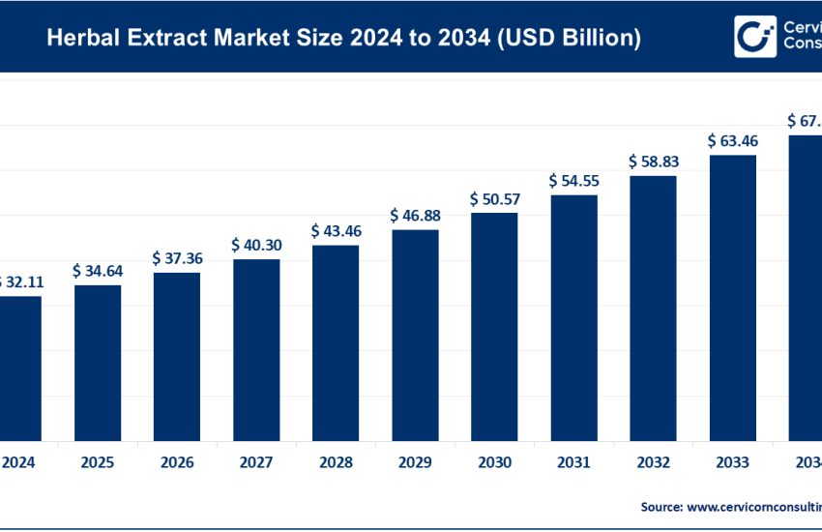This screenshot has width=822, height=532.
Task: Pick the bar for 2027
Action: (x=256, y=348)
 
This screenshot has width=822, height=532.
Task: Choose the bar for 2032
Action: (x=653, y=307)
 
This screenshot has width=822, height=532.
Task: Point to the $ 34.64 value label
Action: (x=98, y=271)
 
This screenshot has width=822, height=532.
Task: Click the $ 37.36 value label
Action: (x=177, y=258)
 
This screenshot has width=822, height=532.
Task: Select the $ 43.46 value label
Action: (x=336, y=231)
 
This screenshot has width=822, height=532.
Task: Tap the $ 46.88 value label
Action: (x=415, y=216)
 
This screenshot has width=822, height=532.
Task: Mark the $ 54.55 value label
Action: (x=573, y=181)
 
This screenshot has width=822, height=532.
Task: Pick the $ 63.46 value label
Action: (x=732, y=140)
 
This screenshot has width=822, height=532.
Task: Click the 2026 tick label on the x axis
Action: (x=177, y=463)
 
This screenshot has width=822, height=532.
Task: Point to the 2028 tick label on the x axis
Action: (x=336, y=463)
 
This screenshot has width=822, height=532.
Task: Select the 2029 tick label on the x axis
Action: (x=415, y=463)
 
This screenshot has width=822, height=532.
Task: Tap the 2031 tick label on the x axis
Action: (x=573, y=463)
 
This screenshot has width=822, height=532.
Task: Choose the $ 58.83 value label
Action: (x=653, y=162)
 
